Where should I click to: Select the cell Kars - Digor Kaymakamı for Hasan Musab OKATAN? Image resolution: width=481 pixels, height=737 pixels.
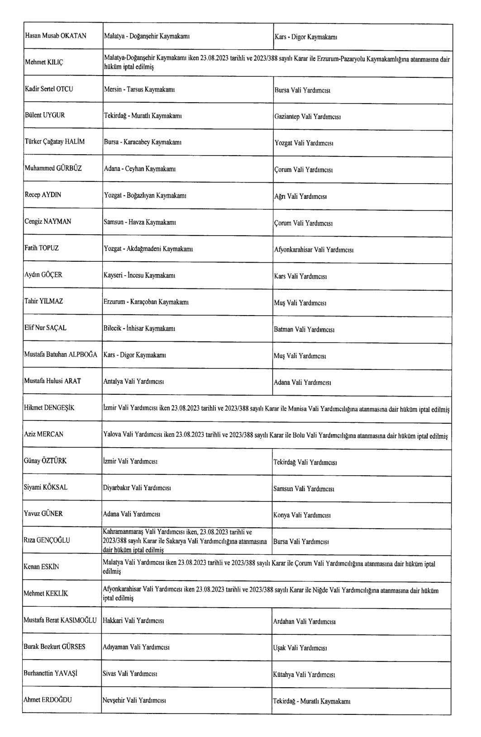(x=305, y=37)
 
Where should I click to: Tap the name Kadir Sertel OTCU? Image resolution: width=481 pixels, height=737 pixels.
(x=48, y=89)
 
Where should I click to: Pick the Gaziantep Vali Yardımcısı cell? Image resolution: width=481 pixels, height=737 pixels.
(x=307, y=116)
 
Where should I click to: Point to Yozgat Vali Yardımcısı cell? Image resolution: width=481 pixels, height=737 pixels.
(x=304, y=143)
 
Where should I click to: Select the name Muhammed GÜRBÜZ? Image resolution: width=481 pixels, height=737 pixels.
(x=53, y=169)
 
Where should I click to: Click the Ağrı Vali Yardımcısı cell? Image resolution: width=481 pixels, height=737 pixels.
(x=301, y=196)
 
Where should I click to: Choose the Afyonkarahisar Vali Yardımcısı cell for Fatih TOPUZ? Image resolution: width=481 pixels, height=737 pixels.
(x=314, y=250)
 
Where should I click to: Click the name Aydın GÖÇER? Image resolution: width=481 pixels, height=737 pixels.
(x=43, y=274)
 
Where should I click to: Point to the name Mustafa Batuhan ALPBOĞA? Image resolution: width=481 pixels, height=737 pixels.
(x=61, y=355)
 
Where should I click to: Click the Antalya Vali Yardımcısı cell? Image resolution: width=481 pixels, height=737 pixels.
(x=133, y=381)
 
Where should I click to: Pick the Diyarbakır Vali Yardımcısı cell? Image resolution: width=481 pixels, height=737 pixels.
(x=137, y=488)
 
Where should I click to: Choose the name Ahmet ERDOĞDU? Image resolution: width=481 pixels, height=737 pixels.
(x=48, y=700)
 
